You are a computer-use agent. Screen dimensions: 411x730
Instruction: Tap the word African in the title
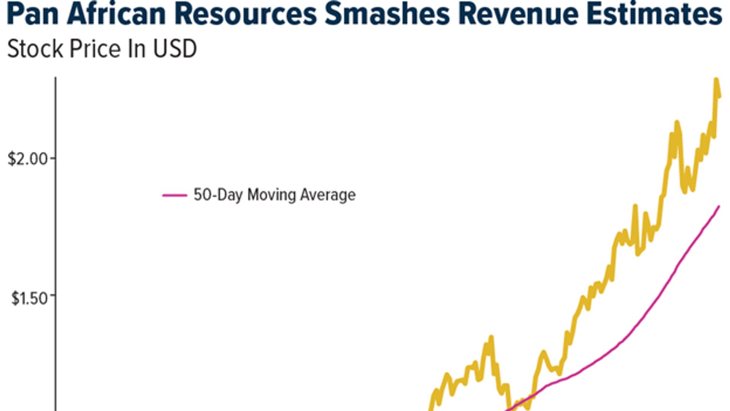116,14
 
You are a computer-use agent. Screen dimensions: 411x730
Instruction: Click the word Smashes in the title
387,14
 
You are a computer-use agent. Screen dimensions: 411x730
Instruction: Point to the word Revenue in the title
519,14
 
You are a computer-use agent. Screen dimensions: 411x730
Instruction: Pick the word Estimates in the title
654,14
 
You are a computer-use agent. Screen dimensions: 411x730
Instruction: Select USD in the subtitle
175,49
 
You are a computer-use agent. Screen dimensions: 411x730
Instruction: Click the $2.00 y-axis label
28,159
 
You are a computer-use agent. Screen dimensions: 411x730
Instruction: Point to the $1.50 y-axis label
30,298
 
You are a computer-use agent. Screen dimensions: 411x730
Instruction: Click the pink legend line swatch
175,195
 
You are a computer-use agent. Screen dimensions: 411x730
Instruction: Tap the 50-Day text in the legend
218,195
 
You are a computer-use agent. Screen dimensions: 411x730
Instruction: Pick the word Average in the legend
328,195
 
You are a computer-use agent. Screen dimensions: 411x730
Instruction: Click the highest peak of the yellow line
716,80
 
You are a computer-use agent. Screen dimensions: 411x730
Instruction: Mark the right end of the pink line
719,206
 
